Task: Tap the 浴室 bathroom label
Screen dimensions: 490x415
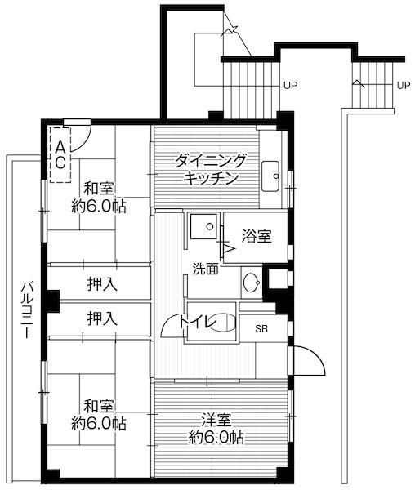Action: coord(257,237)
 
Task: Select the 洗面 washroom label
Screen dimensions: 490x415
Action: coord(205,268)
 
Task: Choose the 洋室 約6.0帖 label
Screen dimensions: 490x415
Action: coord(214,430)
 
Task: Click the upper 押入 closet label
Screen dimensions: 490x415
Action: coord(102,284)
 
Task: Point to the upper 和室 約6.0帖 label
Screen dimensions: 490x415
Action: coord(98,197)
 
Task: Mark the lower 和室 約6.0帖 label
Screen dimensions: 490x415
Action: coord(98,414)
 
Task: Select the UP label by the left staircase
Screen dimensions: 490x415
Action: coord(290,84)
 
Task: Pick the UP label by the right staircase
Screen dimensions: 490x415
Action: coord(403,84)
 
